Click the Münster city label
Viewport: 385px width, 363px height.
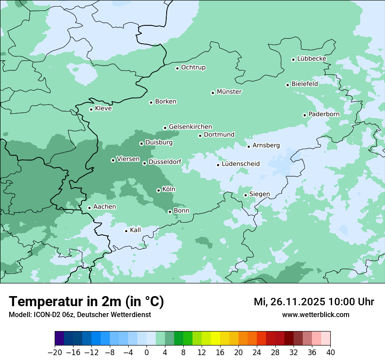pyautogui.click(x=229, y=92)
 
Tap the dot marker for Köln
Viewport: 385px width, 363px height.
pyautogui.click(x=158, y=190)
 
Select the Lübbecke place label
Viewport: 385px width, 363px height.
pyautogui.click(x=311, y=59)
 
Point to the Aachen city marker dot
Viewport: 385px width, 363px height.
pyautogui.click(x=89, y=208)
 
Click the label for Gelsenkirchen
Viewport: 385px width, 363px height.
pyautogui.click(x=190, y=127)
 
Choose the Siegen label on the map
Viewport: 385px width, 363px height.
pyautogui.click(x=259, y=194)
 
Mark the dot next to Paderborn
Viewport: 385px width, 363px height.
pyautogui.click(x=304, y=115)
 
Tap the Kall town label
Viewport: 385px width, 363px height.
pyautogui.click(x=136, y=230)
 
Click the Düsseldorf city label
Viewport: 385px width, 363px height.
pyautogui.click(x=165, y=162)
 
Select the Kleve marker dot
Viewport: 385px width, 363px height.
pyautogui.click(x=91, y=109)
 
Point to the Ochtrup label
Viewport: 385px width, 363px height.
pyautogui.click(x=193, y=67)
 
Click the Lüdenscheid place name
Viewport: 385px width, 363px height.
pyautogui.click(x=241, y=164)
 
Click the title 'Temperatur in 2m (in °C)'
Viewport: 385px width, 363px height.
pyautogui.click(x=86, y=301)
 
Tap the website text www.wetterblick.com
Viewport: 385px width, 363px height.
pyautogui.click(x=315, y=315)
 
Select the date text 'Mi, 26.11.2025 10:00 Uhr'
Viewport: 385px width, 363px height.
pyautogui.click(x=314, y=302)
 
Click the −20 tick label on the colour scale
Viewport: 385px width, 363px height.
pyautogui.click(x=54, y=353)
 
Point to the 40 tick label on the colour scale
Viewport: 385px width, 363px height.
pyautogui.click(x=330, y=353)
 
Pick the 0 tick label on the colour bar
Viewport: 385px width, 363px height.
pyautogui.click(x=147, y=353)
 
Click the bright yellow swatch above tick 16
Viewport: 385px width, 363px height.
pyautogui.click(x=215, y=339)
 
